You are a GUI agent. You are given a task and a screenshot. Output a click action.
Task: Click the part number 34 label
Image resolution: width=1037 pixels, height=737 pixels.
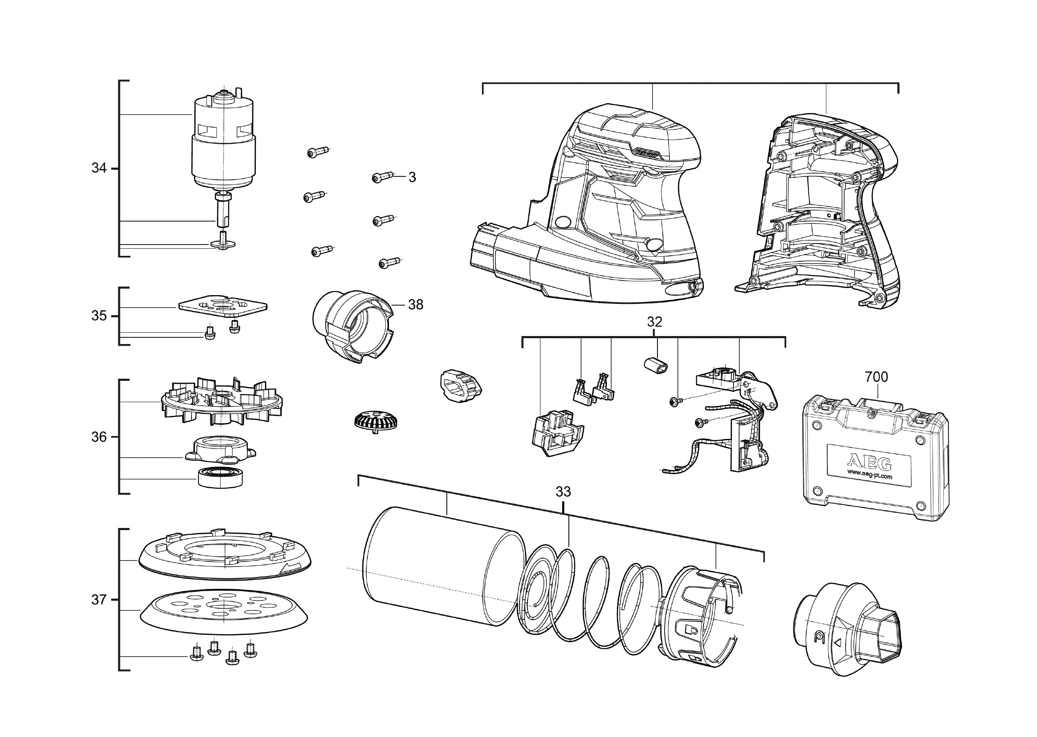[99, 168]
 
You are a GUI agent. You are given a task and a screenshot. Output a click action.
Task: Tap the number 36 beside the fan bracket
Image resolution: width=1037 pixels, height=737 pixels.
[99, 436]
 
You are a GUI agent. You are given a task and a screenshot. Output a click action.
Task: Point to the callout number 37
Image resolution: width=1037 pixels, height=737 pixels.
[99, 599]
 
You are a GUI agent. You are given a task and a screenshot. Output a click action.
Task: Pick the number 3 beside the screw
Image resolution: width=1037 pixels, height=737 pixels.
[412, 177]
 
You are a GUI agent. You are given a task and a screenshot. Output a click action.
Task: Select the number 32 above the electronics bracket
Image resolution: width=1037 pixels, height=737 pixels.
[654, 322]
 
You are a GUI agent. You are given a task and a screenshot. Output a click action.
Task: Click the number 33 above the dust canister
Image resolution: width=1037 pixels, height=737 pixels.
[563, 492]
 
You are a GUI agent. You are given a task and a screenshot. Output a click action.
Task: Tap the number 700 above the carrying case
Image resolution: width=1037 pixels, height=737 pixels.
[876, 377]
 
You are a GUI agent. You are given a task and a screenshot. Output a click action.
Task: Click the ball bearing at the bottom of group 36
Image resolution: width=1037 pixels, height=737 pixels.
[220, 477]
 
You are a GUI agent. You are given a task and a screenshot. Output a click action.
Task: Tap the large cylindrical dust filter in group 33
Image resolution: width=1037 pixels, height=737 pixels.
[445, 567]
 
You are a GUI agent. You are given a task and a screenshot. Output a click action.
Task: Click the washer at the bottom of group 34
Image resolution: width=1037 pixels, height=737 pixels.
[223, 245]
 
